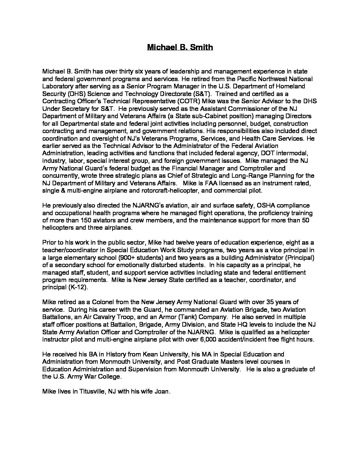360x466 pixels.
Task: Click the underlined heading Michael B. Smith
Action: (x=180, y=47)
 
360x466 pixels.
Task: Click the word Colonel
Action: (x=97, y=302)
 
